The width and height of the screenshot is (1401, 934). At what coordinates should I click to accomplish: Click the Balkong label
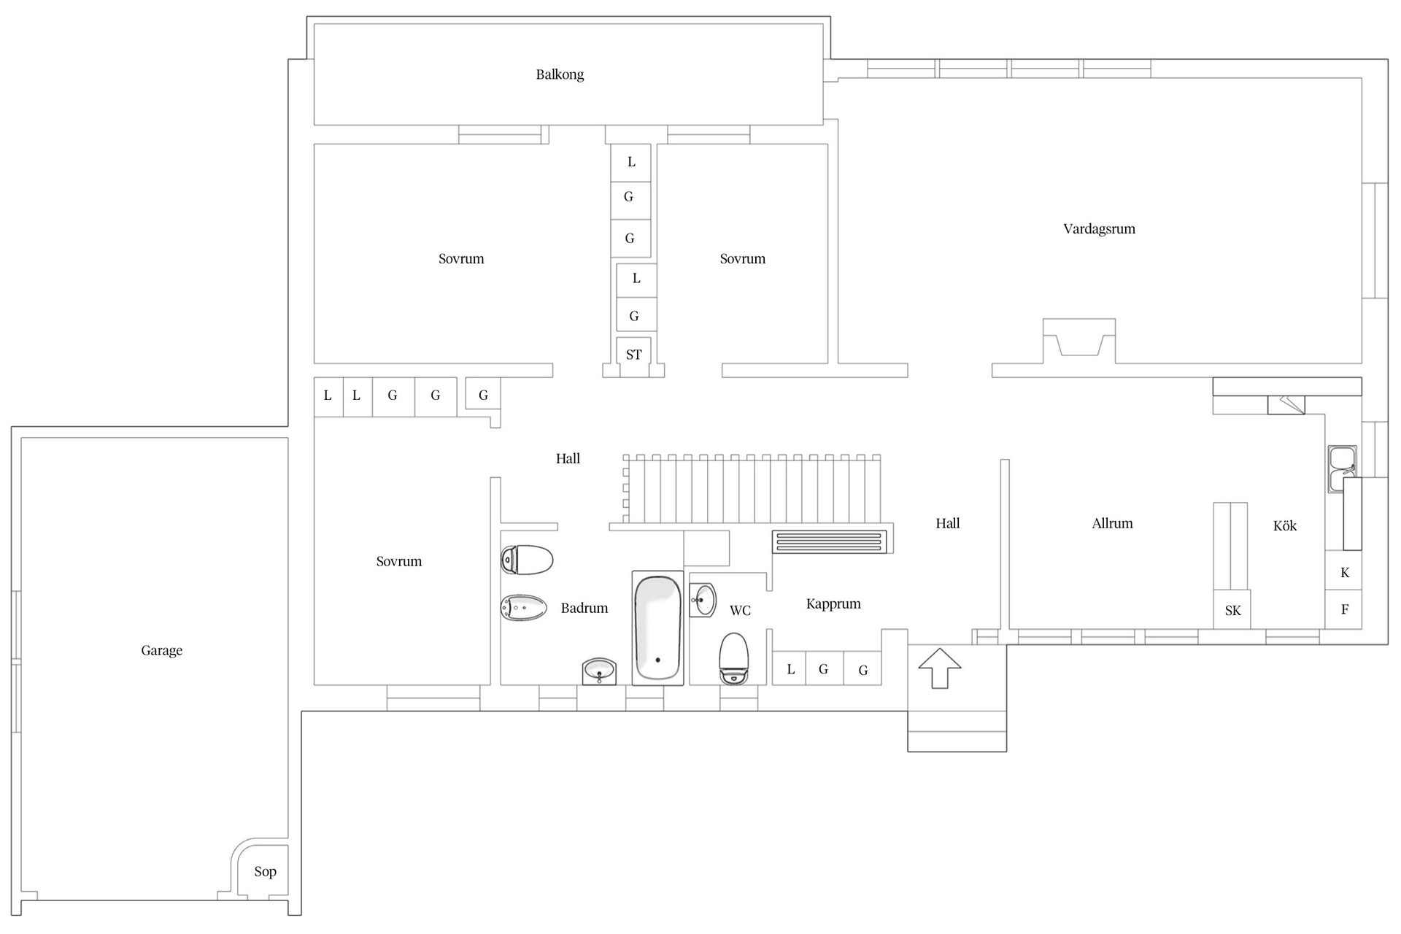coord(560,74)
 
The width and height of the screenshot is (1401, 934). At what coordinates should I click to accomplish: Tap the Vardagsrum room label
coord(1099,229)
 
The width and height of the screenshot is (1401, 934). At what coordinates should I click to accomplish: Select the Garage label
coord(161,650)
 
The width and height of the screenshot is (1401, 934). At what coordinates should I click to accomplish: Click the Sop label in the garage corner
coord(265,871)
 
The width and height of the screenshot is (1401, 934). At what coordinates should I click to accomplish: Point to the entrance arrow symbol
coord(939,667)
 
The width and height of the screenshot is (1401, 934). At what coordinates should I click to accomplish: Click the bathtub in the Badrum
coord(657,628)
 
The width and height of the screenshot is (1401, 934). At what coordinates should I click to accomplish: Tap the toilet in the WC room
coord(733,658)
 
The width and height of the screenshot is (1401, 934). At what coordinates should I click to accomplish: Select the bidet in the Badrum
coord(523,607)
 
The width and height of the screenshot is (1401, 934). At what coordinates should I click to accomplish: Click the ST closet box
coord(633,355)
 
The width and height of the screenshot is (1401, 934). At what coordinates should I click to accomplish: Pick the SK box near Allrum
coord(1232,610)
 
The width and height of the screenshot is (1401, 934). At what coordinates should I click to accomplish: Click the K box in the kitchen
coord(1344,572)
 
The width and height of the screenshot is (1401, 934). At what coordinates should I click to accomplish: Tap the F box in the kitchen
coord(1344,609)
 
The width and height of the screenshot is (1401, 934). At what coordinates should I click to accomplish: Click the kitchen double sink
coord(1341,468)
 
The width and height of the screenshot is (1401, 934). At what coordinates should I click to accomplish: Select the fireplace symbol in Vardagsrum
coord(1078,340)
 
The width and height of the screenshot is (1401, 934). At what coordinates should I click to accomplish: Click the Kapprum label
coord(833,604)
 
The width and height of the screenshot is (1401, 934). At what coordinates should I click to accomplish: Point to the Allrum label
coord(1112,523)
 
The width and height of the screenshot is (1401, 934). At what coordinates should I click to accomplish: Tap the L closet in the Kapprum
coord(790,668)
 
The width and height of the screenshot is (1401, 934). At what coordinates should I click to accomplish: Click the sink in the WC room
coord(703,601)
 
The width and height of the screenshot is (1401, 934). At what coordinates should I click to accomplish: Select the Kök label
coord(1284,526)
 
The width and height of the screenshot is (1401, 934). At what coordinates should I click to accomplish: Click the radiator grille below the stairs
coord(830,541)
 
